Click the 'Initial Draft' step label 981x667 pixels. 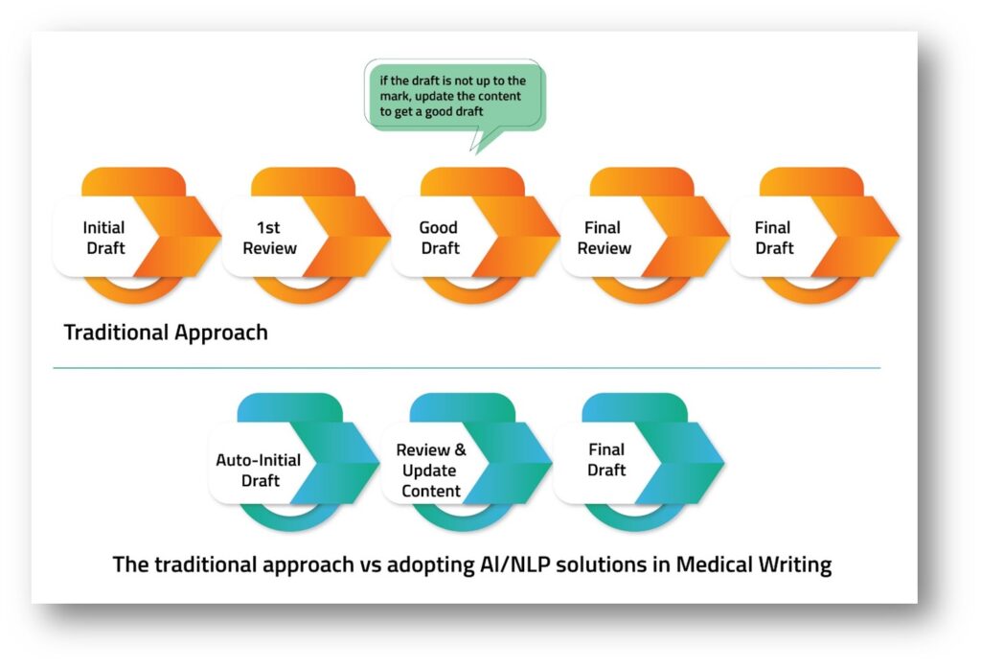pos(103,238)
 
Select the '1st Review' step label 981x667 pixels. pos(269,238)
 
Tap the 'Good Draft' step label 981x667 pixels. pos(439,238)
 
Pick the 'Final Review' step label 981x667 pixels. pos(604,238)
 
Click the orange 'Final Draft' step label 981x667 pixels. pos(773,238)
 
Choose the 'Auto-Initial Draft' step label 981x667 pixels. pos(260,470)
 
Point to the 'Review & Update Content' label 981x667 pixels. pos(430,471)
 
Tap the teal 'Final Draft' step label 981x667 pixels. pos(605,459)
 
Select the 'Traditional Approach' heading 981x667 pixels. pos(166,333)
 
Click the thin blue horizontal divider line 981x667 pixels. pos(467,367)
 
